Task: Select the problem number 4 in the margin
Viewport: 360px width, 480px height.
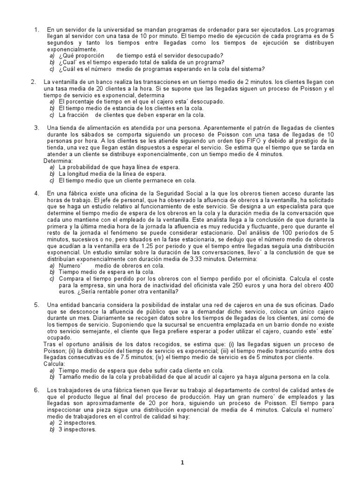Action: coord(36,193)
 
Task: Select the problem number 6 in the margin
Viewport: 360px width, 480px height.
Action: coord(36,390)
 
